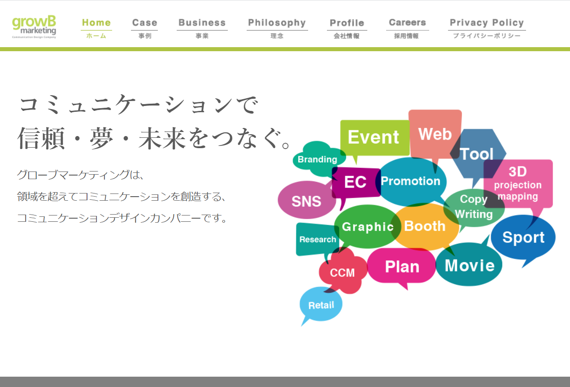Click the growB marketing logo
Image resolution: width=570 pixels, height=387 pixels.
click(34, 27)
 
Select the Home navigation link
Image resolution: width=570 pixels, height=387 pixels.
click(96, 28)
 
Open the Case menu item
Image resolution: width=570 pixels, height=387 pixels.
click(144, 28)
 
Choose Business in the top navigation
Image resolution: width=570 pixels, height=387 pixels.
click(202, 28)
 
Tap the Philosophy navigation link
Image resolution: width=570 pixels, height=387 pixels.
click(277, 28)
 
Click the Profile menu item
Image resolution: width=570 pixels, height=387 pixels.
click(347, 28)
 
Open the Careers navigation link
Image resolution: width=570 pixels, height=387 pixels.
click(407, 28)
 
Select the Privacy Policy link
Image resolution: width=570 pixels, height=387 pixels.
click(487, 28)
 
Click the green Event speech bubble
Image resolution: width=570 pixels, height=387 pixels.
click(374, 137)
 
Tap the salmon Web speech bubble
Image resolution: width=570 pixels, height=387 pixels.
click(435, 134)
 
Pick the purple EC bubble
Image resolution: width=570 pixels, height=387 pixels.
click(356, 182)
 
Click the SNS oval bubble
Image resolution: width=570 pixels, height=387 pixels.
click(306, 200)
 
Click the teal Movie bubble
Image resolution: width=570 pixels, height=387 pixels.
click(470, 264)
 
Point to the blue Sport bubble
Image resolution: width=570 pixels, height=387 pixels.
click(523, 237)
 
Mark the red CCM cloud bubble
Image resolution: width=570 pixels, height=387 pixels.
click(343, 272)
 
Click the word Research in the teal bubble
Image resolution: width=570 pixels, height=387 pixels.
click(318, 239)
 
